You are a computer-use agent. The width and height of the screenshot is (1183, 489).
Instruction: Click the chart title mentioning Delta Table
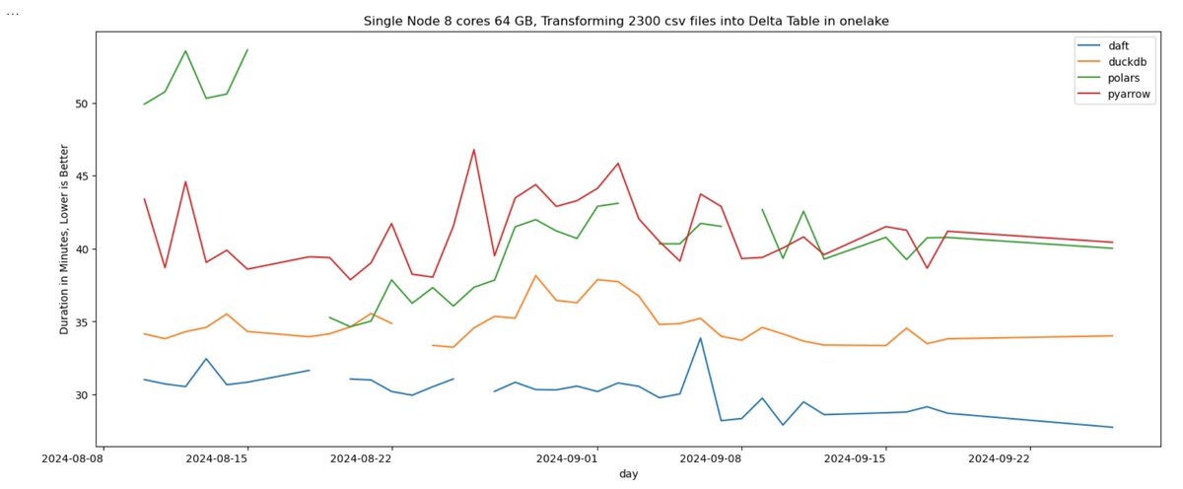[x=627, y=21]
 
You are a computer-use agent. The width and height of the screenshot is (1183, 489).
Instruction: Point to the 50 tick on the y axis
[x=82, y=104]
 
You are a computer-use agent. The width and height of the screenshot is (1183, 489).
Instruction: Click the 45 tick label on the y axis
[x=82, y=176]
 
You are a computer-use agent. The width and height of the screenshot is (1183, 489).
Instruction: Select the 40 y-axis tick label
[x=82, y=249]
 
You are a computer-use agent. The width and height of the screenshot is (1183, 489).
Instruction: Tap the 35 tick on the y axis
[x=82, y=322]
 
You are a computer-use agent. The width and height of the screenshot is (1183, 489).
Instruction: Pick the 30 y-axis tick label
[x=82, y=395]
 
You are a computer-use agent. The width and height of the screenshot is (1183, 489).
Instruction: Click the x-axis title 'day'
[x=628, y=474]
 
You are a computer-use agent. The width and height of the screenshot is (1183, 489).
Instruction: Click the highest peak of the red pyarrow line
[x=474, y=150]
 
